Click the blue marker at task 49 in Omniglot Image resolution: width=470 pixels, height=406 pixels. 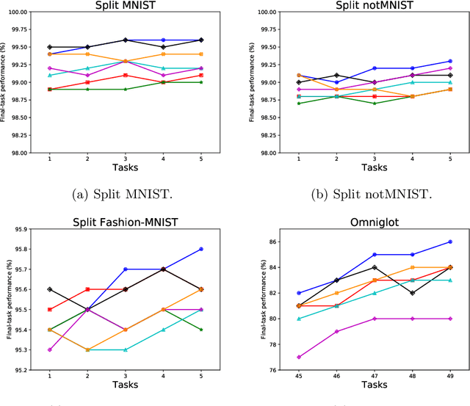pos(450,242)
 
